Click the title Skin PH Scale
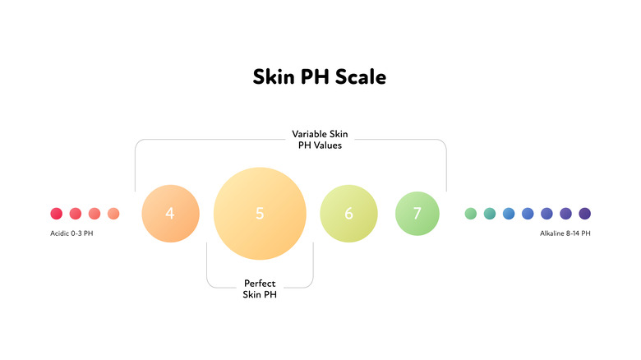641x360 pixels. [x=320, y=77]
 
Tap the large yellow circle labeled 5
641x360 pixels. [x=260, y=214]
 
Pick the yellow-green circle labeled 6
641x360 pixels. [x=348, y=214]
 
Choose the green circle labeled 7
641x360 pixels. [x=417, y=214]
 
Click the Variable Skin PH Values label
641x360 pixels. [x=319, y=140]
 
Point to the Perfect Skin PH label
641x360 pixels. [x=260, y=289]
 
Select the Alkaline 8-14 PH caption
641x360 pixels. [x=565, y=233]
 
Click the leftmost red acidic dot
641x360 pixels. [x=56, y=214]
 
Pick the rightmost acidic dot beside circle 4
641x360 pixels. [x=113, y=214]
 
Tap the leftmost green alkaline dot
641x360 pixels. [x=471, y=214]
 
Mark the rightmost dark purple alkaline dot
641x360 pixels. [x=585, y=214]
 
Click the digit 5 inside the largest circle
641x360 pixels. [x=260, y=214]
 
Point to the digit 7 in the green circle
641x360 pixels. [x=417, y=214]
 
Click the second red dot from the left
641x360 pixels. [x=75, y=214]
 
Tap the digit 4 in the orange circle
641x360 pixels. [x=170, y=214]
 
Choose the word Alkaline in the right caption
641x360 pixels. [x=553, y=233]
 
